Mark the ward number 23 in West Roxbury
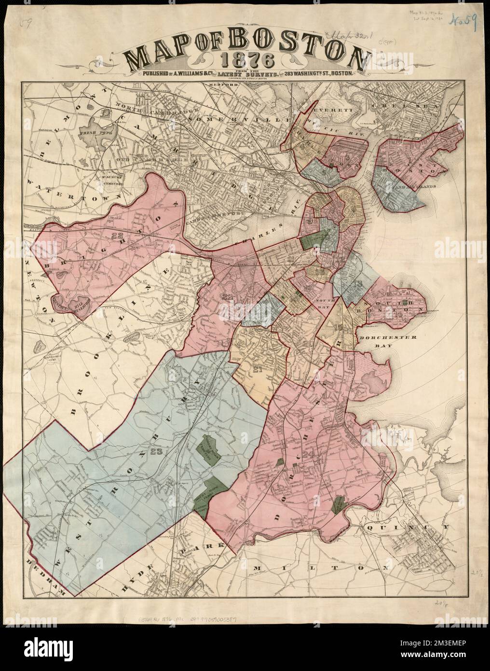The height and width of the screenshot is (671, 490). coord(156,452)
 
